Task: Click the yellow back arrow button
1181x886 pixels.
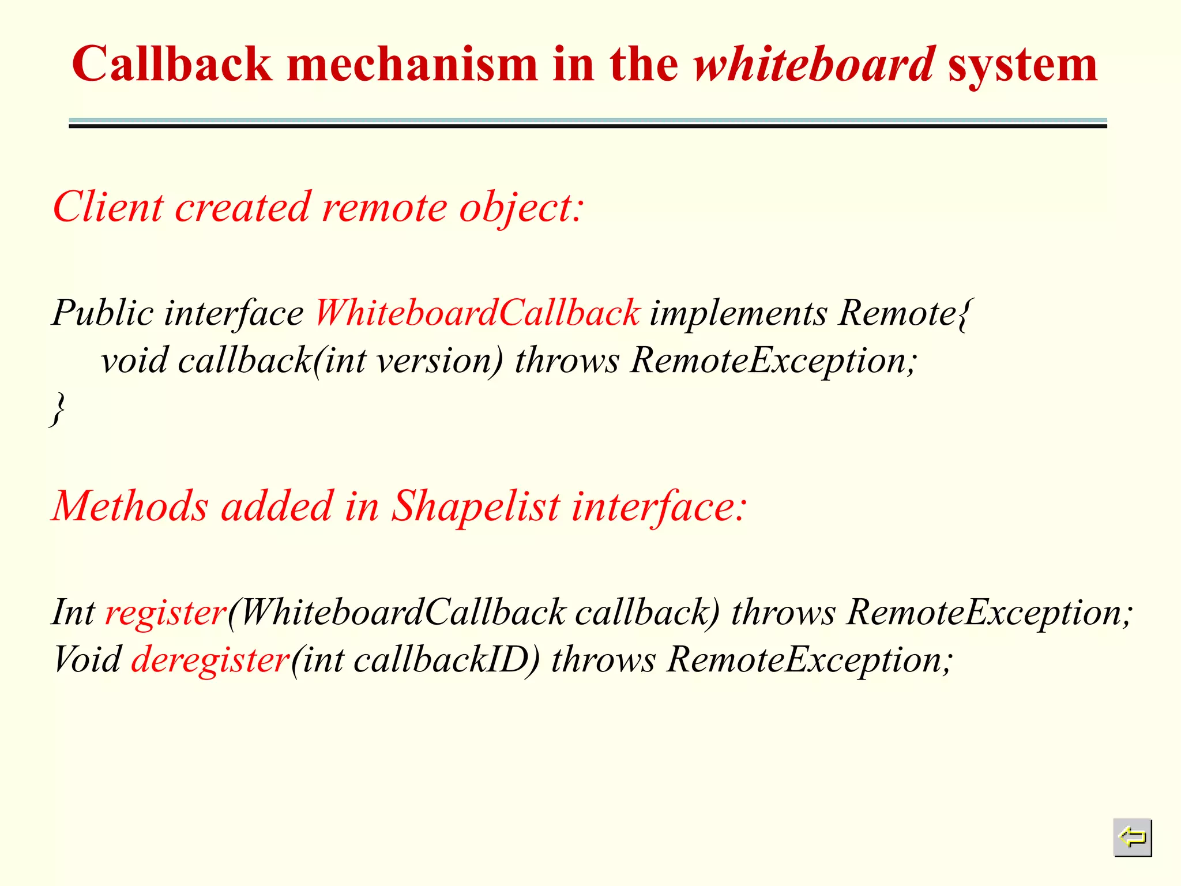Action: [x=1132, y=837]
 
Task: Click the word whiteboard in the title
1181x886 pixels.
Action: [x=814, y=65]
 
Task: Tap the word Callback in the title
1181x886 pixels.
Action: [x=171, y=65]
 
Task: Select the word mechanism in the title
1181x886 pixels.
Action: [x=412, y=65]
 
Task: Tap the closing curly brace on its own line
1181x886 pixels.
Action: [x=57, y=409]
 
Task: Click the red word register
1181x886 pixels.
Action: [x=166, y=613]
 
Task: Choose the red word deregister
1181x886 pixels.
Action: [x=210, y=660]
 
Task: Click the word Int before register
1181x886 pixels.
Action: [x=73, y=613]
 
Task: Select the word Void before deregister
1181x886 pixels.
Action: [x=87, y=660]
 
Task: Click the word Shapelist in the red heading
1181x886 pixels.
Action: [x=476, y=506]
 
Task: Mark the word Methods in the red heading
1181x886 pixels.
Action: [x=129, y=506]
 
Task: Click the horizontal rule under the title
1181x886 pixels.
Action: [x=588, y=123]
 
